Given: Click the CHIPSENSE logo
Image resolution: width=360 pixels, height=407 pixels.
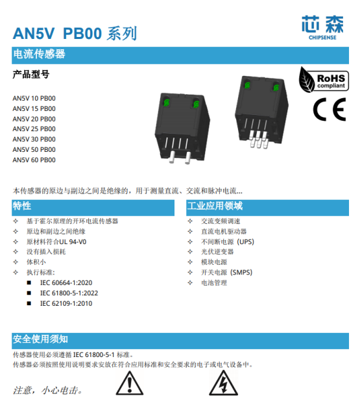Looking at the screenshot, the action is [x=322, y=28].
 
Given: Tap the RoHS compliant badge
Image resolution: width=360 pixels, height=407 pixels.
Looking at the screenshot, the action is [x=324, y=80].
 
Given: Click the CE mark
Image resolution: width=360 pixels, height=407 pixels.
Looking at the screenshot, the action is [x=330, y=109].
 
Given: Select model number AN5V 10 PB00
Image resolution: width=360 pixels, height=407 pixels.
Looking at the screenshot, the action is [x=34, y=99].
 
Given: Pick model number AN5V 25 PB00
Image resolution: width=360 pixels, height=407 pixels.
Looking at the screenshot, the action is [x=34, y=129].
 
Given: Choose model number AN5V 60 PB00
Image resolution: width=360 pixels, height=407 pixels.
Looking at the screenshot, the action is [x=34, y=160].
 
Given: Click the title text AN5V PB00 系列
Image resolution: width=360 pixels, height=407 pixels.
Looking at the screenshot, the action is [x=75, y=34].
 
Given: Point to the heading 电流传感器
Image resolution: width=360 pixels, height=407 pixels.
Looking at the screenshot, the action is [x=39, y=54].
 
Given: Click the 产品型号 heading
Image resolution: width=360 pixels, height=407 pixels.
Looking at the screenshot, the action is [x=31, y=74].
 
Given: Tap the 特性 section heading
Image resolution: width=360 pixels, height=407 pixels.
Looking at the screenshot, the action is [x=22, y=206].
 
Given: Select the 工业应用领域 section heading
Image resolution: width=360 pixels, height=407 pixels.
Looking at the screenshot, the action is [x=215, y=206].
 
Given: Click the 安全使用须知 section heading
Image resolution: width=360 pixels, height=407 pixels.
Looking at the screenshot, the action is [x=40, y=339].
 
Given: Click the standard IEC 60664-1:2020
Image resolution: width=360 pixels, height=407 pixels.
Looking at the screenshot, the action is [x=66, y=282].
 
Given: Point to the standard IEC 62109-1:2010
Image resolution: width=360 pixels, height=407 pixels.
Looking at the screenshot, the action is [x=66, y=303].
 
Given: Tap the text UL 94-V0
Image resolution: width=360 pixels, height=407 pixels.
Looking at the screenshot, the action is [x=73, y=242].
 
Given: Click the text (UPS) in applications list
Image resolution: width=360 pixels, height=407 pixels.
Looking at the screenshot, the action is [x=245, y=242].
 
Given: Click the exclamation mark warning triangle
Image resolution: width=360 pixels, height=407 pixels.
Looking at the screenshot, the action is [x=130, y=384].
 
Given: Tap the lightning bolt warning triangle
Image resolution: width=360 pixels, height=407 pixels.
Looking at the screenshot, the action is [x=223, y=384].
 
